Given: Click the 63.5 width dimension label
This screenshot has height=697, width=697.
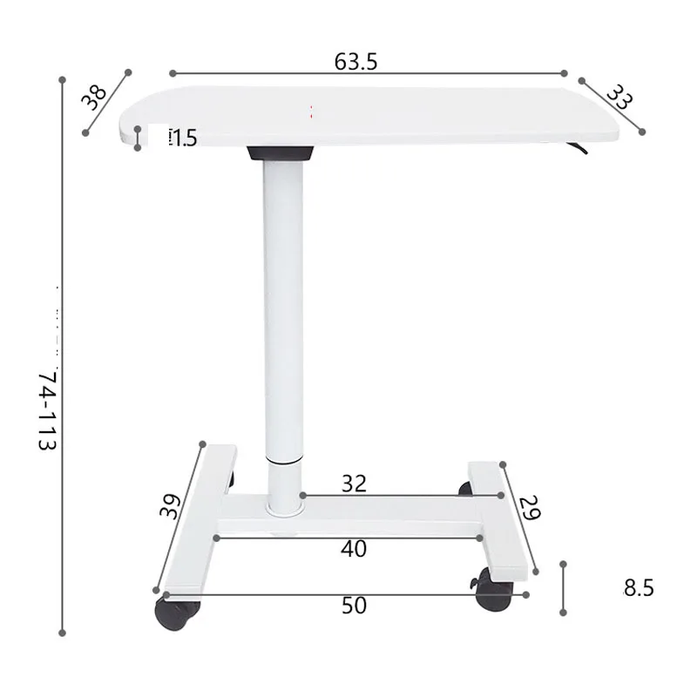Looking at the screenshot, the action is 355,62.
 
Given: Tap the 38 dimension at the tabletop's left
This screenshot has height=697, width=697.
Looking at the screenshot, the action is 94,97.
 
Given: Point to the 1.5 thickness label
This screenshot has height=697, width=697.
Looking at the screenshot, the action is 183,139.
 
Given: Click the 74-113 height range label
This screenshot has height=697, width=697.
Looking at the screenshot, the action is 48,411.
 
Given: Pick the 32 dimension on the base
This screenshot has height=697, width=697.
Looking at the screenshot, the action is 354,484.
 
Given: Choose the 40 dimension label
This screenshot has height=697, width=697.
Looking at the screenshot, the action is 354,549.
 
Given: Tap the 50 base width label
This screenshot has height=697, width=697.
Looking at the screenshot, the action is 354,606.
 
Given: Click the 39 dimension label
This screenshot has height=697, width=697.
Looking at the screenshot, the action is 169,507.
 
